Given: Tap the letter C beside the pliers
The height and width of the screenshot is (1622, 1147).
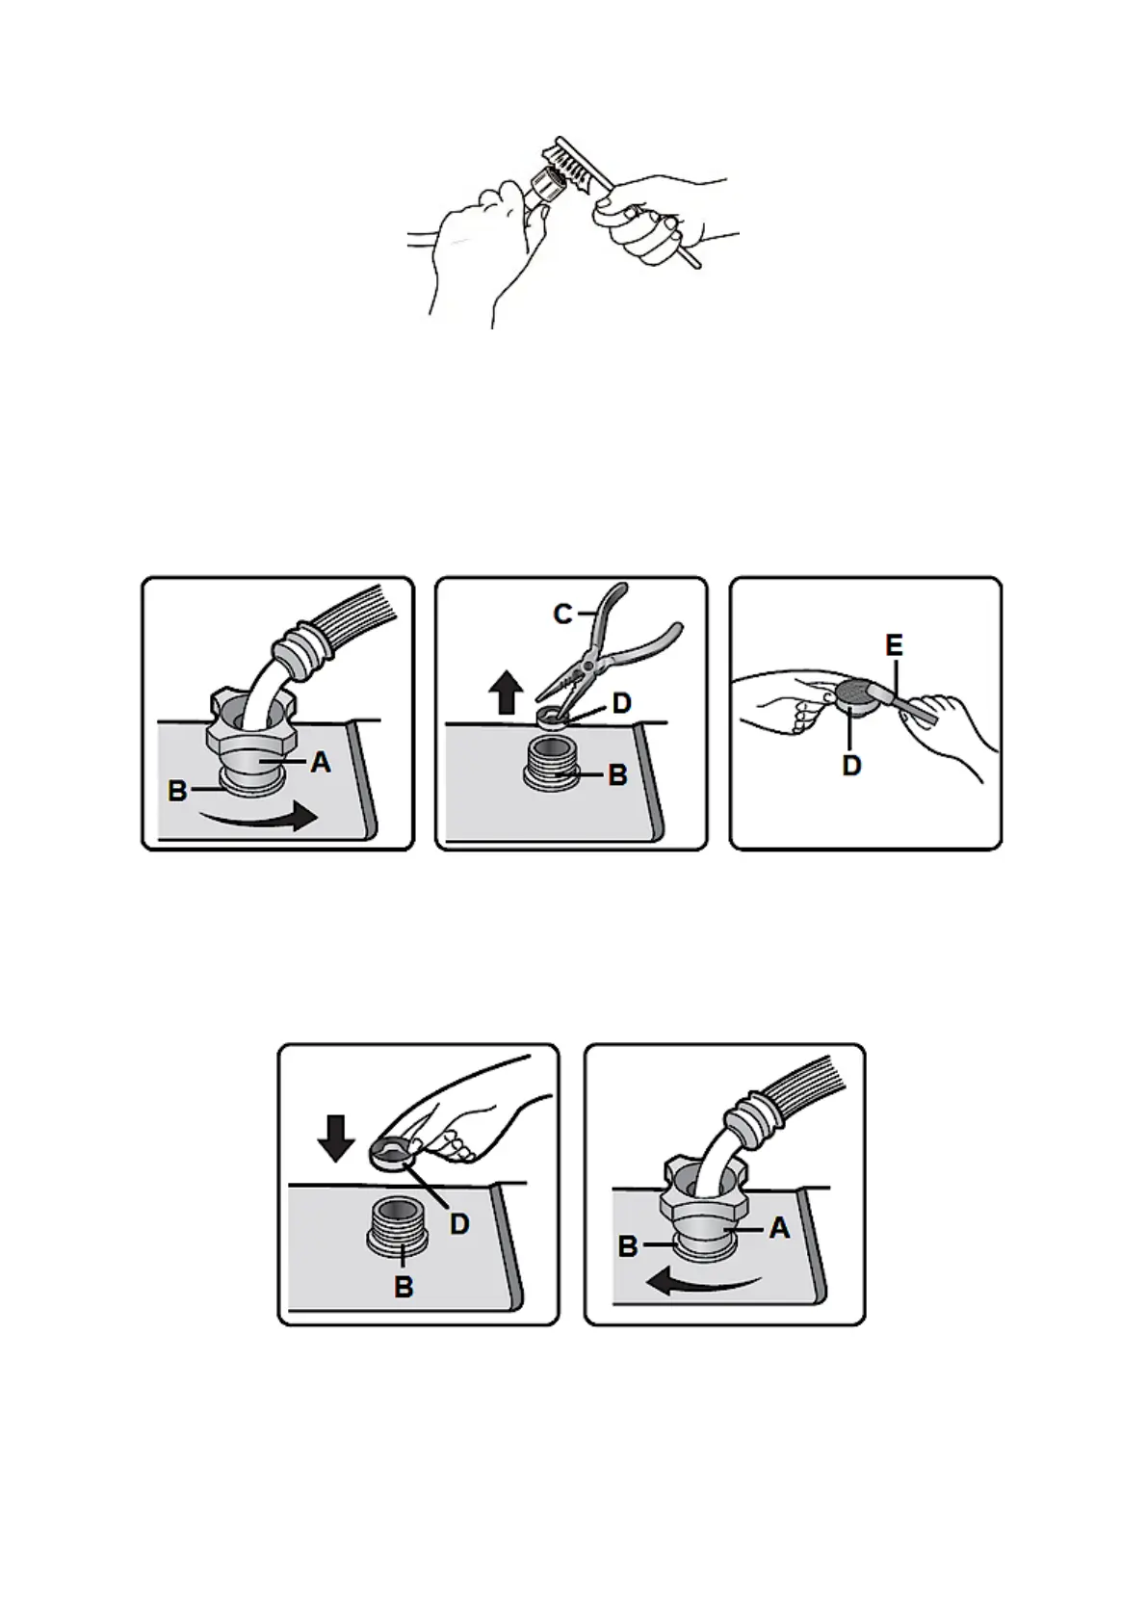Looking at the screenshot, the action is pos(563,615).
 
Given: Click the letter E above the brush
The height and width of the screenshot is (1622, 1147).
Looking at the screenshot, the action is pos(895,645).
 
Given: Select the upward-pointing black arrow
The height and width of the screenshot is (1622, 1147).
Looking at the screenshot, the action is pos(507,692).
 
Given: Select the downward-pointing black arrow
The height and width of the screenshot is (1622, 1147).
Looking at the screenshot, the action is pos(336,1139).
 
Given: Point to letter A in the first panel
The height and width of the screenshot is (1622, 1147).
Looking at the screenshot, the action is pos(321,762).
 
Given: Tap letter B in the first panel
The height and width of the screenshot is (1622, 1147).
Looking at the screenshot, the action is pos(177,791).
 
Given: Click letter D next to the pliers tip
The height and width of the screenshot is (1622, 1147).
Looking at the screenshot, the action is pos(621,703).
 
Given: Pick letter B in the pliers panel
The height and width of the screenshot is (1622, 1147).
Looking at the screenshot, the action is pos(617,775).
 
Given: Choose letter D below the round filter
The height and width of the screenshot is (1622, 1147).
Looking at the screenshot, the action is pos(851,766).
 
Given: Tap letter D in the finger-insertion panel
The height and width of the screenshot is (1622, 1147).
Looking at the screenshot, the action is pos(459,1224).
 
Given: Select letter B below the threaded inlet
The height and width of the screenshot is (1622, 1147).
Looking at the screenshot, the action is pos(404,1287).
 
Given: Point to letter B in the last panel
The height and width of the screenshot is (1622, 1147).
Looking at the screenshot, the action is pos(628,1246).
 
